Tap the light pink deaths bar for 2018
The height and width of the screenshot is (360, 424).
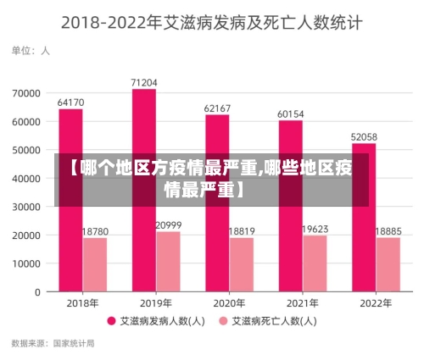(95, 264)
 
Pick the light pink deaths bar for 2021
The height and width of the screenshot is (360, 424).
(315, 263)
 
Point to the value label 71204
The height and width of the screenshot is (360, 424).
(143, 82)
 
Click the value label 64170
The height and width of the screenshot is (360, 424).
(70, 102)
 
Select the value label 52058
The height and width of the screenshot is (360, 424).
(364, 136)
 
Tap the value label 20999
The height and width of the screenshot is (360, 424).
(168, 224)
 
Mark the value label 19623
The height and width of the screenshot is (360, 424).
(315, 229)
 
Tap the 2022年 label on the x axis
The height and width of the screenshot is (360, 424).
(376, 302)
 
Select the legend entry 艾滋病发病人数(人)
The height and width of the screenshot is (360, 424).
(162, 321)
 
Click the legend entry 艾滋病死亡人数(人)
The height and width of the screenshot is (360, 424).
(274, 321)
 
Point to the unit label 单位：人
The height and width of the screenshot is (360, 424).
(30, 50)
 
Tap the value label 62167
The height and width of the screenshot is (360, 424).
(217, 108)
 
